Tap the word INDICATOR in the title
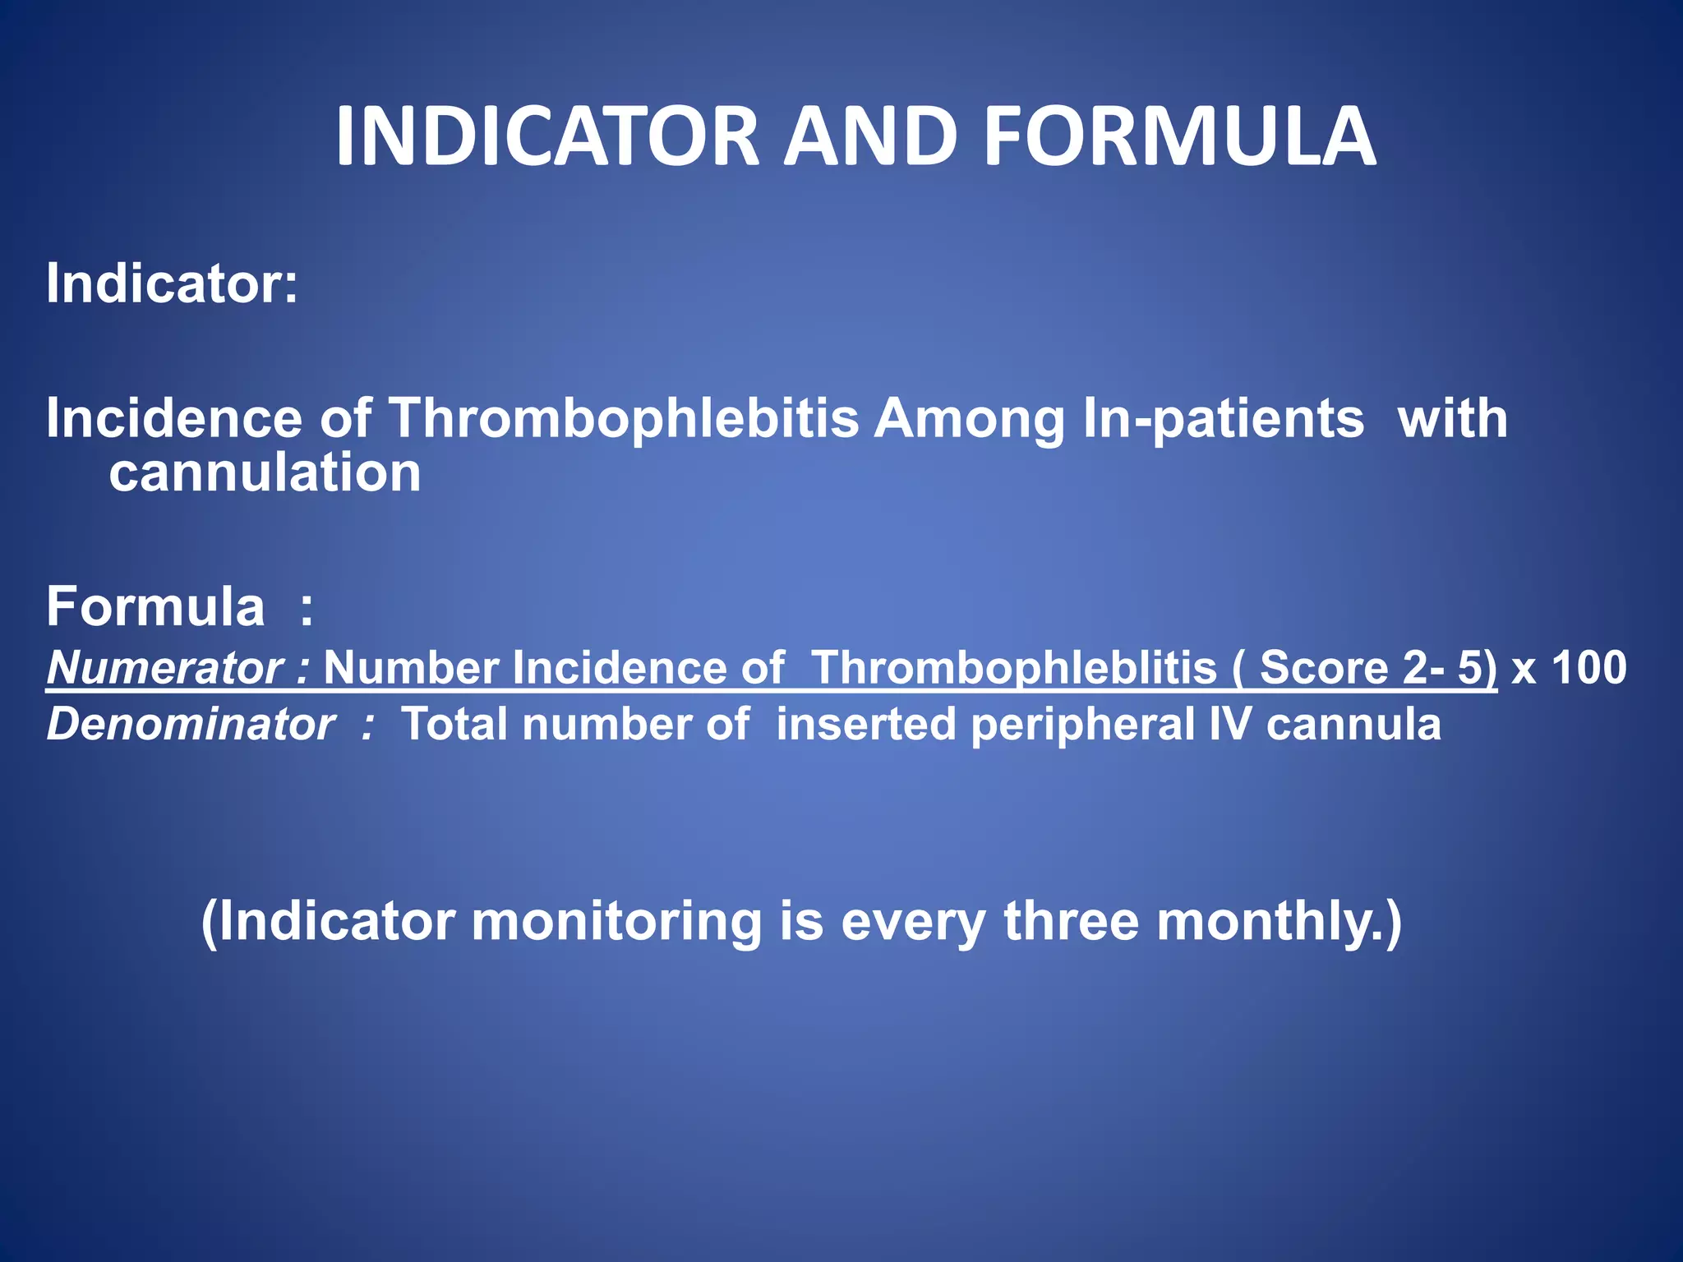point(546,136)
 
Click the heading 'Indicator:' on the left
point(172,283)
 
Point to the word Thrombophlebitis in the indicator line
point(623,418)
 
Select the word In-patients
point(1223,420)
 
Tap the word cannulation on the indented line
point(265,473)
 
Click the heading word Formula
point(155,606)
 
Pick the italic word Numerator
point(165,667)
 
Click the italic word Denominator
point(191,725)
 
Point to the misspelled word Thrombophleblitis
point(1013,667)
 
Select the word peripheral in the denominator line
point(1082,725)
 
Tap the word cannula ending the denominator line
point(1353,725)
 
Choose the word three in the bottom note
point(1071,921)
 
